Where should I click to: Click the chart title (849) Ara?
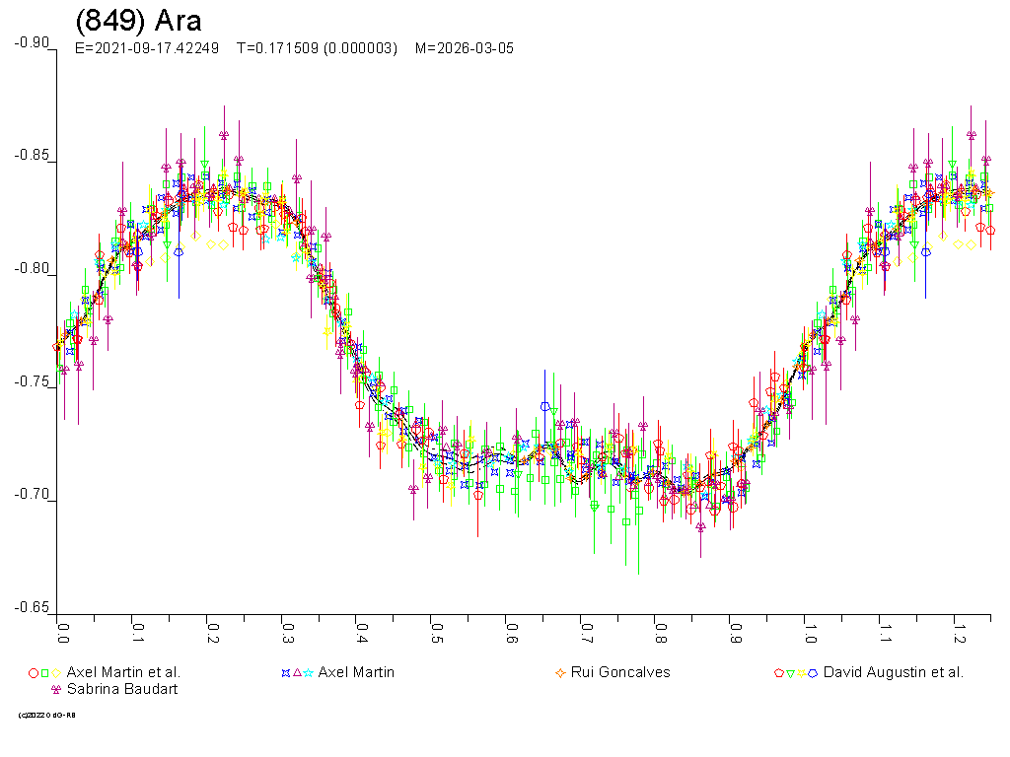pyautogui.click(x=138, y=22)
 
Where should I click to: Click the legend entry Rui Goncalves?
pyautogui.click(x=620, y=672)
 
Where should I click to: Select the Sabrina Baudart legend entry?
pyautogui.click(x=122, y=689)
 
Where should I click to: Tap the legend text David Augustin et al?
pyautogui.click(x=893, y=672)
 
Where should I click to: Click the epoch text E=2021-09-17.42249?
pyautogui.click(x=147, y=48)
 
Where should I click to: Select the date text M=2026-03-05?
pyautogui.click(x=464, y=48)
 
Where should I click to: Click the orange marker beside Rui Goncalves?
pyautogui.click(x=560, y=673)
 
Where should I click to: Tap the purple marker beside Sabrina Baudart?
pyautogui.click(x=55, y=690)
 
